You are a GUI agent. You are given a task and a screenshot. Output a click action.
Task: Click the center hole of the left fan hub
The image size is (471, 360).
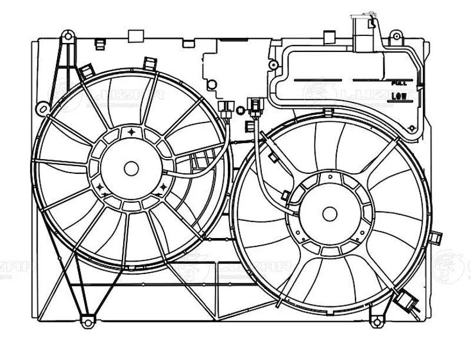[131, 168]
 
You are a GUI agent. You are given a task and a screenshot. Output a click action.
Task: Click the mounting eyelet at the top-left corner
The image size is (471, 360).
[68, 38]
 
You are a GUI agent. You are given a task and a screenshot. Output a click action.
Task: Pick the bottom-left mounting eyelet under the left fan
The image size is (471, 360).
[88, 322]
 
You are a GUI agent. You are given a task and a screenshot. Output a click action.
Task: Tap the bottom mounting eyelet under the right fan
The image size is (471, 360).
[374, 321]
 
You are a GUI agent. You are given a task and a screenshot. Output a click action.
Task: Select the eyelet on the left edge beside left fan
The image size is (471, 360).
[42, 108]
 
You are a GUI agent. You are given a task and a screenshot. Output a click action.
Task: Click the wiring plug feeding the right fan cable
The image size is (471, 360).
[254, 107]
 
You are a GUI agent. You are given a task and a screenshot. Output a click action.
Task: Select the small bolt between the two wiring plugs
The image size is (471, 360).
[240, 110]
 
